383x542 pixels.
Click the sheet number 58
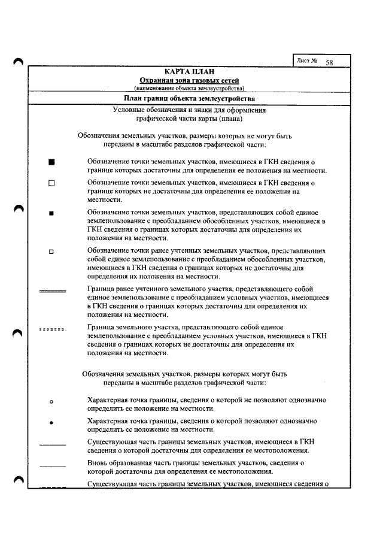(x=329, y=62)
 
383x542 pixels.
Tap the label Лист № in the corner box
(x=306, y=61)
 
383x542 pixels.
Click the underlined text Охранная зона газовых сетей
(x=189, y=80)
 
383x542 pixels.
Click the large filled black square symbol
(x=51, y=162)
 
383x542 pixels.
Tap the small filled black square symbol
(x=51, y=213)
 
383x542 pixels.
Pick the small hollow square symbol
(x=51, y=252)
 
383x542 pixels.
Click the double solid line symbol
(x=52, y=290)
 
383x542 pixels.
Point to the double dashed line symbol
(x=52, y=329)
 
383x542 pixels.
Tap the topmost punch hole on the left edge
(x=18, y=62)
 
